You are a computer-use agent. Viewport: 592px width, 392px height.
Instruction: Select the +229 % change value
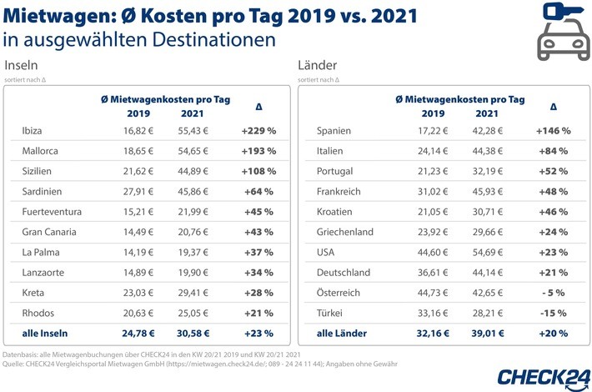[x=259, y=131]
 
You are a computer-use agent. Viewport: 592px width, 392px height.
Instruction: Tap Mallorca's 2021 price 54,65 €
[x=192, y=151]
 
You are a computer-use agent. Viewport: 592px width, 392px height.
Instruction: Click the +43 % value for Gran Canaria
[x=259, y=231]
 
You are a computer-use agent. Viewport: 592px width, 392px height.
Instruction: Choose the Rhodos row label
[x=41, y=311]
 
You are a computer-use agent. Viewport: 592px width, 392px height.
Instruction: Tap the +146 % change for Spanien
[x=553, y=131]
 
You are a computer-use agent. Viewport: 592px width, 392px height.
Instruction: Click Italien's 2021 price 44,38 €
[x=487, y=151]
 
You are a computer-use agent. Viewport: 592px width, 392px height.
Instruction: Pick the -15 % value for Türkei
[x=553, y=311]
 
